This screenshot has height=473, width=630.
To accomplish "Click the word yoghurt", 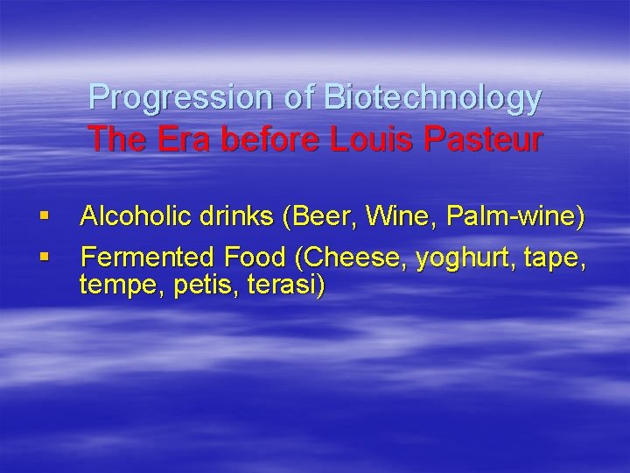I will tap(466, 258).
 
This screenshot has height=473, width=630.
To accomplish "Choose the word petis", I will tap(197, 285).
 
